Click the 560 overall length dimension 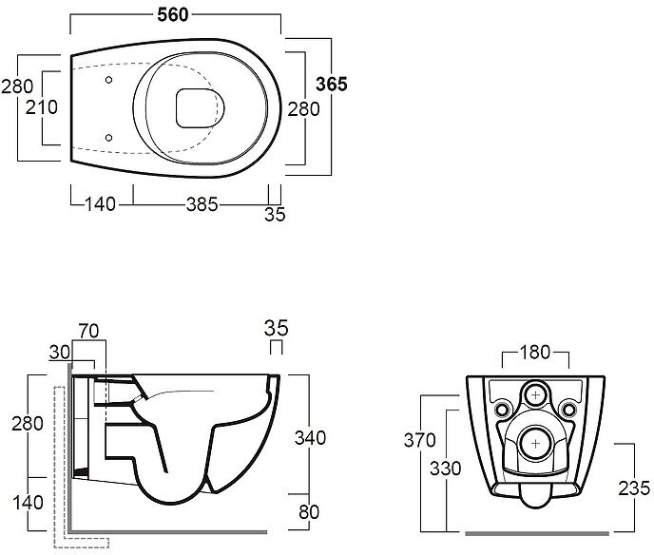coord(172,12)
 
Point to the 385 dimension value coord(202,203)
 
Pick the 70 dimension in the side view coord(89,331)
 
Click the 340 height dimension coord(310,438)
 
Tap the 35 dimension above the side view coord(275,329)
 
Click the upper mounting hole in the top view coord(110,80)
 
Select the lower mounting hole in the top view coord(110,138)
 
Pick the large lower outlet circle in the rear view coord(537,441)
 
